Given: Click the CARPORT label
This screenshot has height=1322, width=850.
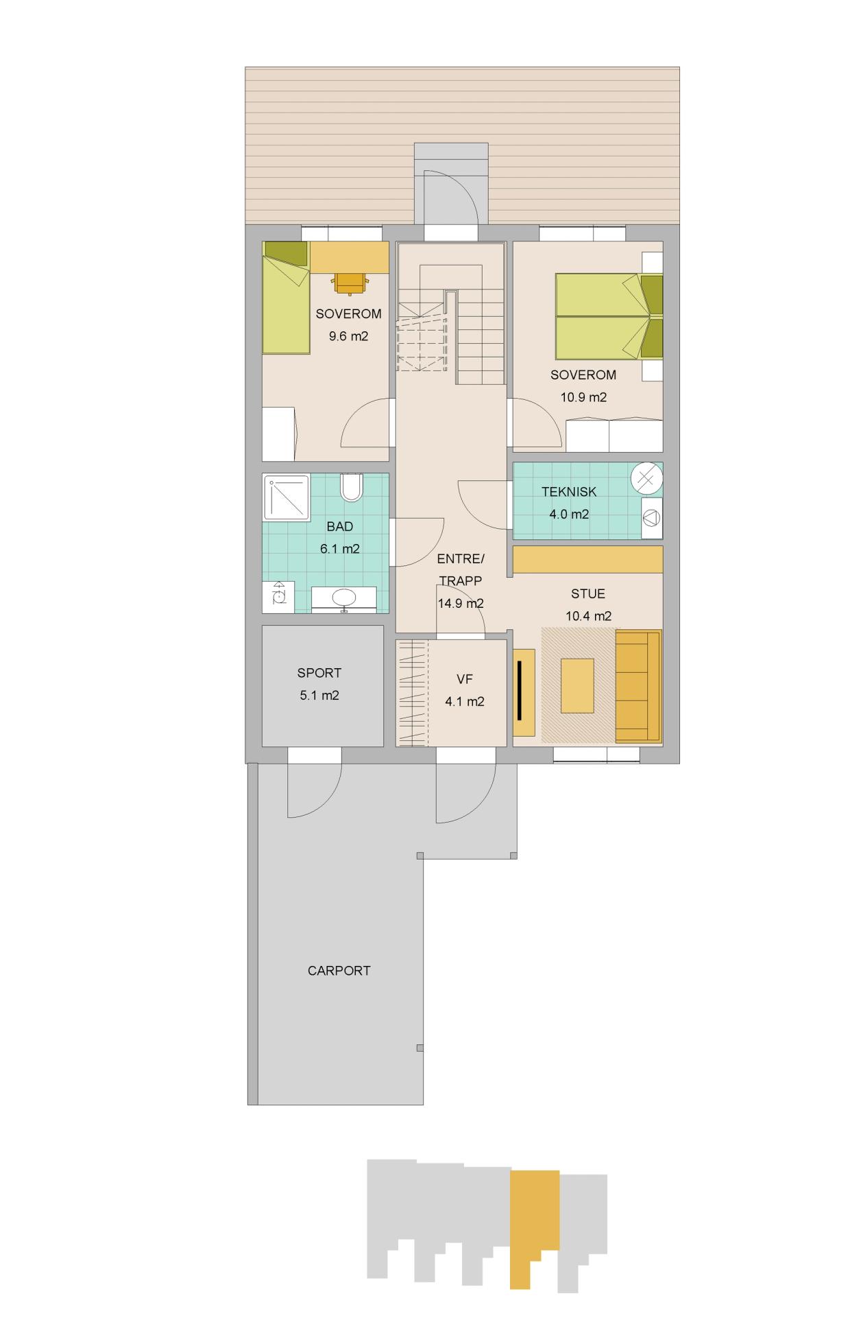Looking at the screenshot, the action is [339, 971].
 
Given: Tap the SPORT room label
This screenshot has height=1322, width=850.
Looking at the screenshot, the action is [319, 673].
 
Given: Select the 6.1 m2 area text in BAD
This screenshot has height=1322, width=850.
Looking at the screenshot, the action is [339, 549].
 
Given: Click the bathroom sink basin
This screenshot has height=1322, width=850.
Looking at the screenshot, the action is [344, 598].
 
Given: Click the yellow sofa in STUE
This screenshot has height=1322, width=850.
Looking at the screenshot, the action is [638, 686].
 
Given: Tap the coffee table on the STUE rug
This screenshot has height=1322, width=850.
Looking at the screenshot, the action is [577, 685].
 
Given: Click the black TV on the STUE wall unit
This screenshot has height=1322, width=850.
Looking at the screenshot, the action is [520, 690].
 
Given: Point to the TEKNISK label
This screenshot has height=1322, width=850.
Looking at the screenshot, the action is [569, 491].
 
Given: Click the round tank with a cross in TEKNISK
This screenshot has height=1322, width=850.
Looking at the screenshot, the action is [646, 477].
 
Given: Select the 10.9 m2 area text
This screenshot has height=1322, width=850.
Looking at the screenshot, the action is [583, 397].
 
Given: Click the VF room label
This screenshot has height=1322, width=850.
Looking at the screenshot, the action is [465, 679].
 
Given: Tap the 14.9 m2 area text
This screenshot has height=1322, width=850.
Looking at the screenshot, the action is [461, 604].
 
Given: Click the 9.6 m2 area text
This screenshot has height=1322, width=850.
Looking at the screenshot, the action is [348, 336].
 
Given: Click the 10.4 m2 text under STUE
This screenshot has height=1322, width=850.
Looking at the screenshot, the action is [588, 616].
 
